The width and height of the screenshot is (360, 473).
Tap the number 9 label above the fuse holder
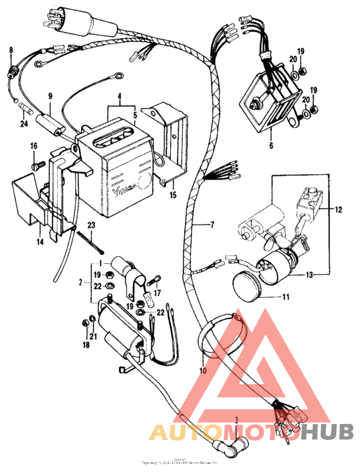point(50,96)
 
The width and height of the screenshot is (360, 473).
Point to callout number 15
point(172,194)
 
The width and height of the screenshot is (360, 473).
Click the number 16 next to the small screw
point(33,147)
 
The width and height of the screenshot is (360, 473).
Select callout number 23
point(91,225)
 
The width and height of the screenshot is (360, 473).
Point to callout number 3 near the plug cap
point(237,420)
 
